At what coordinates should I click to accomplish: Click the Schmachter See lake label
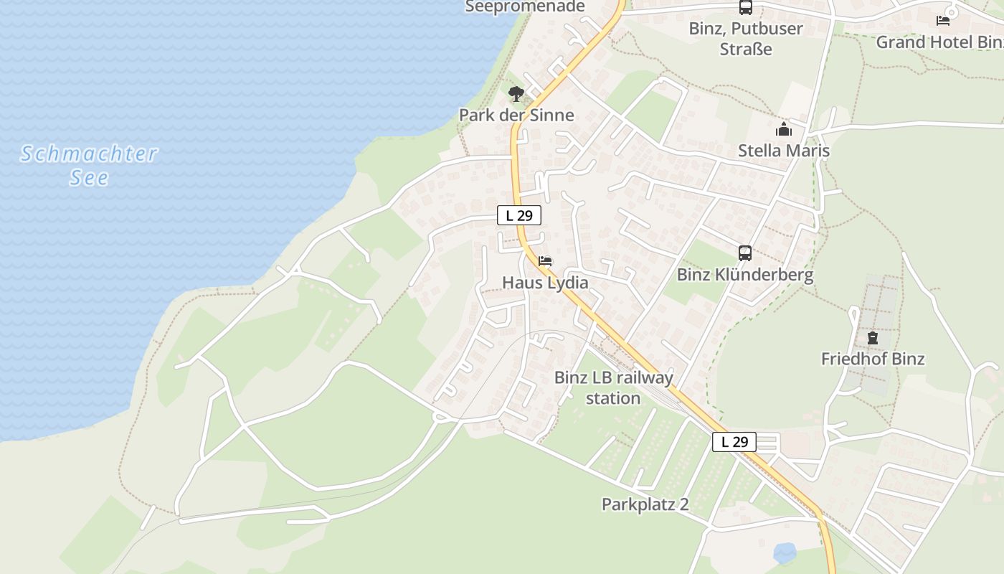point(89,165)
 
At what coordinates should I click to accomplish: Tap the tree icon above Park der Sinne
point(516,93)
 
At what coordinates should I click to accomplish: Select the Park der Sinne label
point(516,115)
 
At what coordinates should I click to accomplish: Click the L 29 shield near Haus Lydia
point(519,215)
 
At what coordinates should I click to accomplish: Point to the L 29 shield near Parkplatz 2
point(734,442)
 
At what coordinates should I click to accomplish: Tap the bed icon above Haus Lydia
point(545,261)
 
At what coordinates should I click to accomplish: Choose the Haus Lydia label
point(545,283)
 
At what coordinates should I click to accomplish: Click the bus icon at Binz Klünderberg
point(745,253)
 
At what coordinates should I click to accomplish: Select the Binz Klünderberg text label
point(745,275)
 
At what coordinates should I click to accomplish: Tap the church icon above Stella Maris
point(784,130)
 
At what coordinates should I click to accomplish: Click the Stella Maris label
point(784,151)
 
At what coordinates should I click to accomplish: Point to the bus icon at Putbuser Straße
point(746,8)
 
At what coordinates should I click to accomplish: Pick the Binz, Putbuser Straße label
point(746,39)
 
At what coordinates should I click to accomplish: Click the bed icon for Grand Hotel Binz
point(943,21)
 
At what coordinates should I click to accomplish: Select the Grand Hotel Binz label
point(939,42)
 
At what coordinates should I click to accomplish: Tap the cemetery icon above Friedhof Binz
point(873,337)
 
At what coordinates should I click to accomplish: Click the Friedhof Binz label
point(873,359)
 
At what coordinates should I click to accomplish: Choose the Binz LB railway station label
point(614,387)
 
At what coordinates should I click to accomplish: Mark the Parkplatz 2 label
point(645,504)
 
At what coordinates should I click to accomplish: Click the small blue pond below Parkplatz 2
point(785,552)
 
